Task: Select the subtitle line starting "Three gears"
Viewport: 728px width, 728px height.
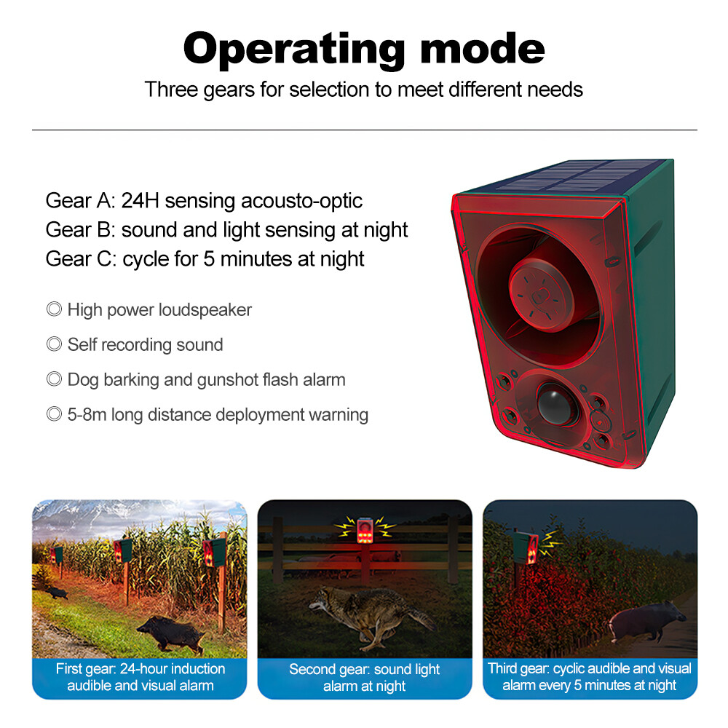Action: pos(363,90)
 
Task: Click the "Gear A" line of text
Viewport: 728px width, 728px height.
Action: pos(204,201)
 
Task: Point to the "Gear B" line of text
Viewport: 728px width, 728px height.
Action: pos(226,230)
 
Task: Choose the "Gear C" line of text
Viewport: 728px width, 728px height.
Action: pos(205,258)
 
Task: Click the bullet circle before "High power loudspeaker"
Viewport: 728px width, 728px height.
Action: pos(54,310)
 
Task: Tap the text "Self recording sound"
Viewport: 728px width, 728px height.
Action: pos(145,344)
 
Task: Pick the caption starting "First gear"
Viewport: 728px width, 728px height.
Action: pos(141,676)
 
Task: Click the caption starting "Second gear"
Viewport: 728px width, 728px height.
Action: pos(365,677)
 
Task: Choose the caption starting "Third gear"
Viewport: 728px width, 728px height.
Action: pos(590,676)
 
